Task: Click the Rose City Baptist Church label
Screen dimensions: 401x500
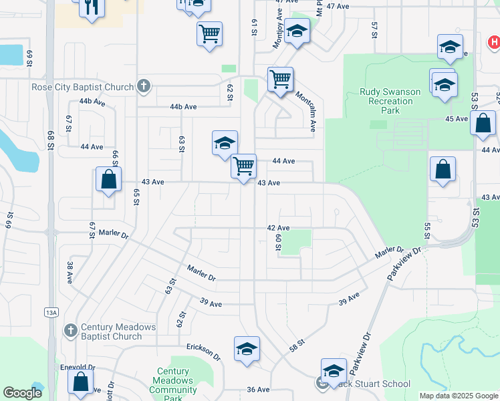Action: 83,87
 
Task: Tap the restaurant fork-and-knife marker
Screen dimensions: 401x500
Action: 91,7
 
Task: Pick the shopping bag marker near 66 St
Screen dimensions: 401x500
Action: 108,179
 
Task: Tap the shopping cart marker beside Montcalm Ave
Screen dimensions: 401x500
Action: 281,79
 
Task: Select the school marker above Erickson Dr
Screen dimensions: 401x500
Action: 247,348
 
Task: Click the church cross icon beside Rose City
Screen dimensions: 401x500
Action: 143,86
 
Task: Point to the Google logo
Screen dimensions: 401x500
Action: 23,394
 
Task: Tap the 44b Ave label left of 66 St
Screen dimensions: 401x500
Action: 92,102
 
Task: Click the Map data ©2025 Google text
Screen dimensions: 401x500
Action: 458,396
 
